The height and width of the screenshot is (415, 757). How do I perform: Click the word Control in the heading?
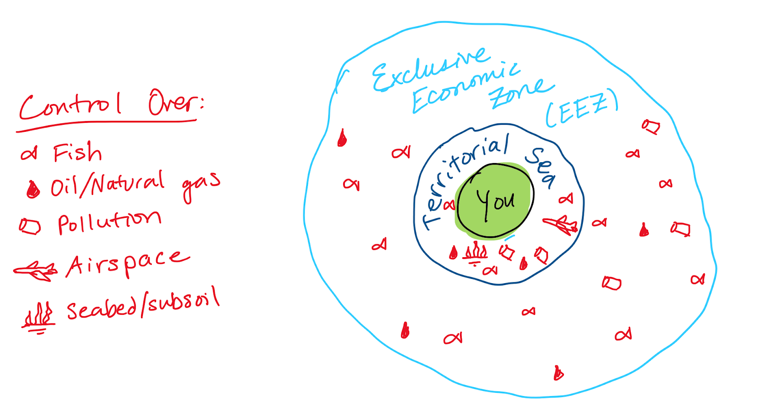[x=70, y=105]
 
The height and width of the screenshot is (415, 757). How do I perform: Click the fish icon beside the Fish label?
[x=29, y=154]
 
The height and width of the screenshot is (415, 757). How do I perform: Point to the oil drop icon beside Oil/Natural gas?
[x=33, y=190]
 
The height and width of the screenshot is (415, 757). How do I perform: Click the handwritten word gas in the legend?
[x=201, y=185]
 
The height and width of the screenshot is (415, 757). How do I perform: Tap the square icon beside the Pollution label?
[x=30, y=226]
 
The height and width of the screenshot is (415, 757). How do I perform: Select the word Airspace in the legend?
[x=127, y=262]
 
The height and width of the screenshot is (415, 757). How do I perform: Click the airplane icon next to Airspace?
[x=36, y=271]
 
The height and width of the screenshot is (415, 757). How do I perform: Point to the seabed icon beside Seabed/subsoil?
[x=38, y=316]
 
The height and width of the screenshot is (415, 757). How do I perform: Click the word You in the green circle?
[x=495, y=202]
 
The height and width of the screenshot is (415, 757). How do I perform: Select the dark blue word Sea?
[x=541, y=166]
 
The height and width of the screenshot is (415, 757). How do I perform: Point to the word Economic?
[x=466, y=87]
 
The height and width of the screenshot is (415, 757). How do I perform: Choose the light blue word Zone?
[x=520, y=92]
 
